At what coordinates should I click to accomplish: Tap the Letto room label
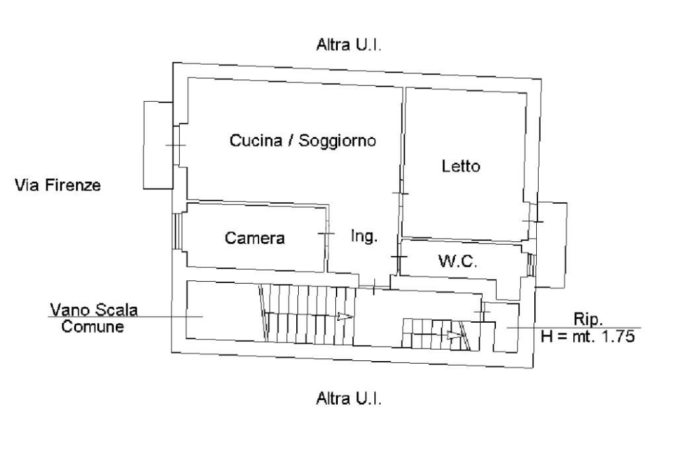460,167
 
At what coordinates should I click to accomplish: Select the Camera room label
255,238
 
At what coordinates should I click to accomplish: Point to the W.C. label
458,261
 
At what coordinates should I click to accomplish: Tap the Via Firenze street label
58,185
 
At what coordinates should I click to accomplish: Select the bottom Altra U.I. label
350,399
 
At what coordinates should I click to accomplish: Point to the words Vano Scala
94,310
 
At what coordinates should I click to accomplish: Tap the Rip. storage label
588,320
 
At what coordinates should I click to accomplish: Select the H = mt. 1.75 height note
588,336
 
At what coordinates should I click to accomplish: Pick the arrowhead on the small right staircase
454,335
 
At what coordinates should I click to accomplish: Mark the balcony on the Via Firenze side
158,145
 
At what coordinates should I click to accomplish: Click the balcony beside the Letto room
551,243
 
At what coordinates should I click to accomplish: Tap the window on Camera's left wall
177,230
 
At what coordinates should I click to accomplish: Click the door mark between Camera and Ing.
327,233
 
